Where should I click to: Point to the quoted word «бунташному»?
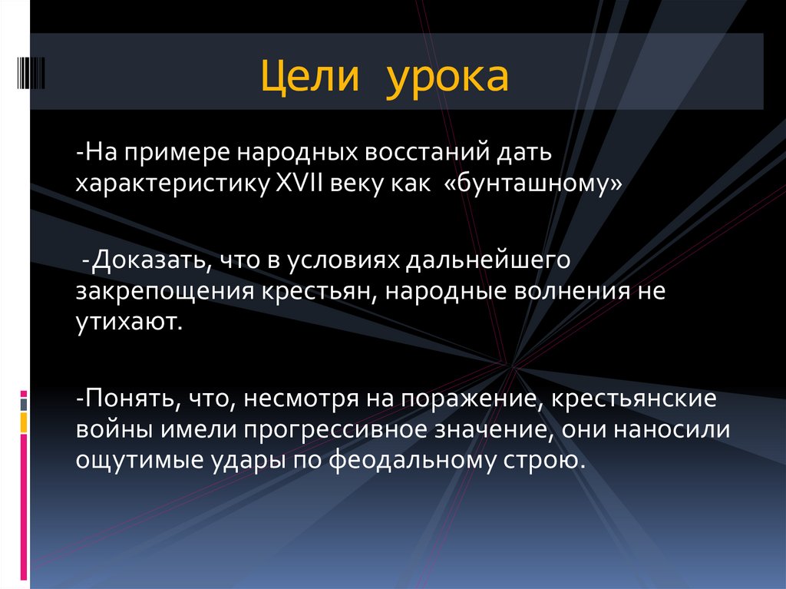pyautogui.click(x=532, y=185)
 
